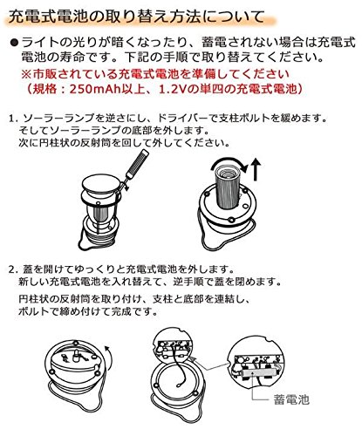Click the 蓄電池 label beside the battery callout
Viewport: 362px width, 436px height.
tap(291, 400)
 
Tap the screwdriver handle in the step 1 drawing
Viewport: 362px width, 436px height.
tap(138, 162)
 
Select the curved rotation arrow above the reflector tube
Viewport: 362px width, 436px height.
tap(229, 164)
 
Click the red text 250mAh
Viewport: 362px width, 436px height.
tap(93, 89)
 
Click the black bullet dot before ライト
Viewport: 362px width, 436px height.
tap(14, 43)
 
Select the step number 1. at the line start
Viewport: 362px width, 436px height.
tap(14, 119)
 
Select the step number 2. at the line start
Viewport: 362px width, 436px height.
tap(14, 269)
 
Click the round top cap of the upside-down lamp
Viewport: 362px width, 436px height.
tap(100, 184)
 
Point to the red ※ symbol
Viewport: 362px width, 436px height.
tap(26, 74)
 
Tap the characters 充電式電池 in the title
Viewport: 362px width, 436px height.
tap(39, 17)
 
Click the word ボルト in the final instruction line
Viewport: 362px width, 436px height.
tap(32, 311)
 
